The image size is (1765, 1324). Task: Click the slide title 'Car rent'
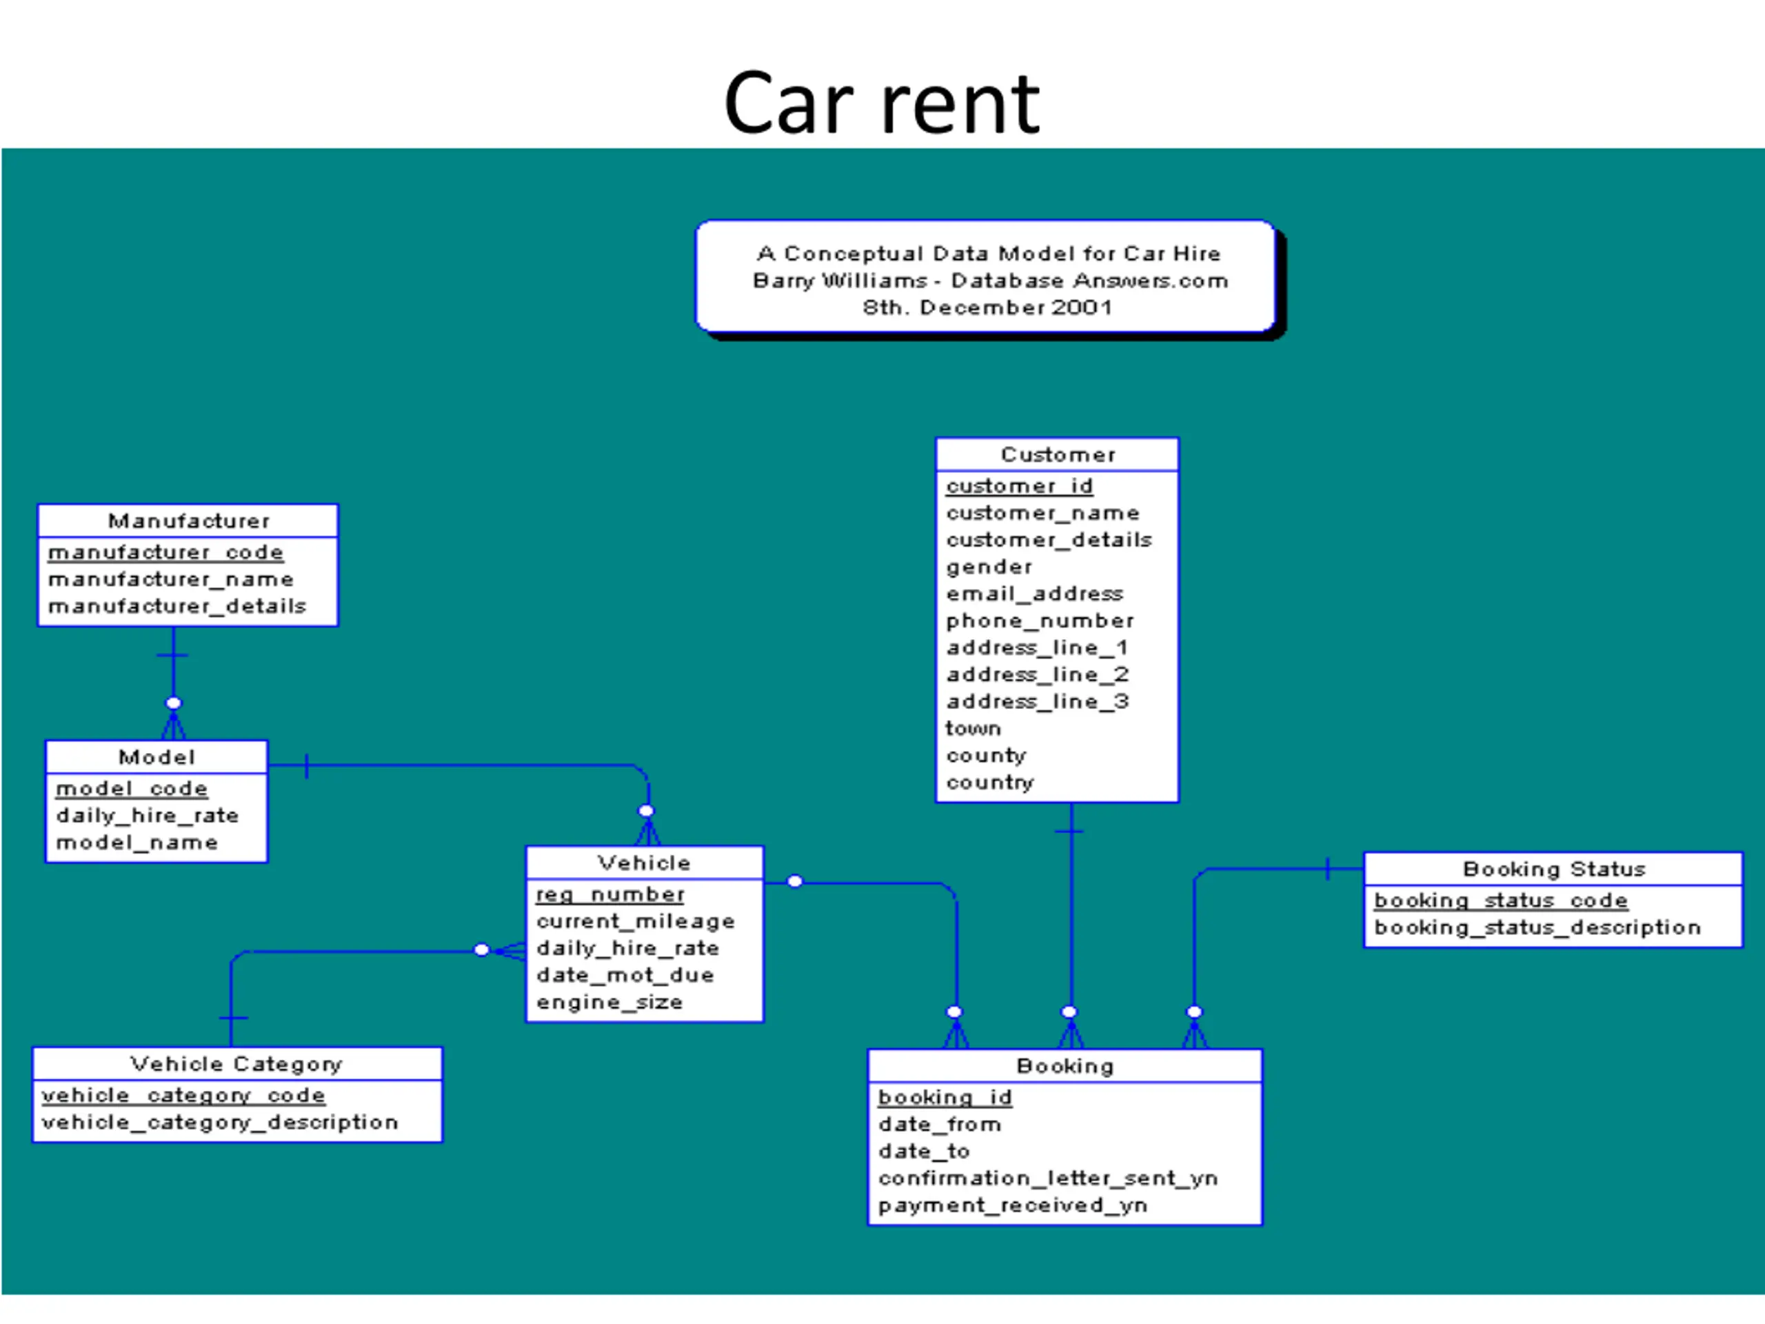coord(882,103)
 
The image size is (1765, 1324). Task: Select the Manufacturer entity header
coord(189,521)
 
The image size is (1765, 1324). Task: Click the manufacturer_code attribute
coord(166,552)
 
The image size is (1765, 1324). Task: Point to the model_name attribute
coord(137,843)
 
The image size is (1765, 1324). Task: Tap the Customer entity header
coord(1058,455)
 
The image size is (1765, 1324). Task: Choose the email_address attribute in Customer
coord(1034,594)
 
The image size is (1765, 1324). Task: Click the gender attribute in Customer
coord(989,568)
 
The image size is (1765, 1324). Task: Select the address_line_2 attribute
coord(1038,675)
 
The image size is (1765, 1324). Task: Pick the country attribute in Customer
coord(989,783)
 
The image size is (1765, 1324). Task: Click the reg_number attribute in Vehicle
coord(610,894)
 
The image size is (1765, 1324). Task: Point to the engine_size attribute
coord(609,1003)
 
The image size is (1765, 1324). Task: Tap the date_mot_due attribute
coord(625,975)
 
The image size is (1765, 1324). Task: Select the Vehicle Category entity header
coord(236,1064)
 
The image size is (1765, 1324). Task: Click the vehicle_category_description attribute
coord(219,1123)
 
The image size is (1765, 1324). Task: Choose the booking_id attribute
coord(945,1098)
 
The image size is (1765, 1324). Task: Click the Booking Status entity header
coord(1554,869)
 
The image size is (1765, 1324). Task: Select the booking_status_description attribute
coord(1537,928)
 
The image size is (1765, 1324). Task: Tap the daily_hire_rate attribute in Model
coord(147,816)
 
